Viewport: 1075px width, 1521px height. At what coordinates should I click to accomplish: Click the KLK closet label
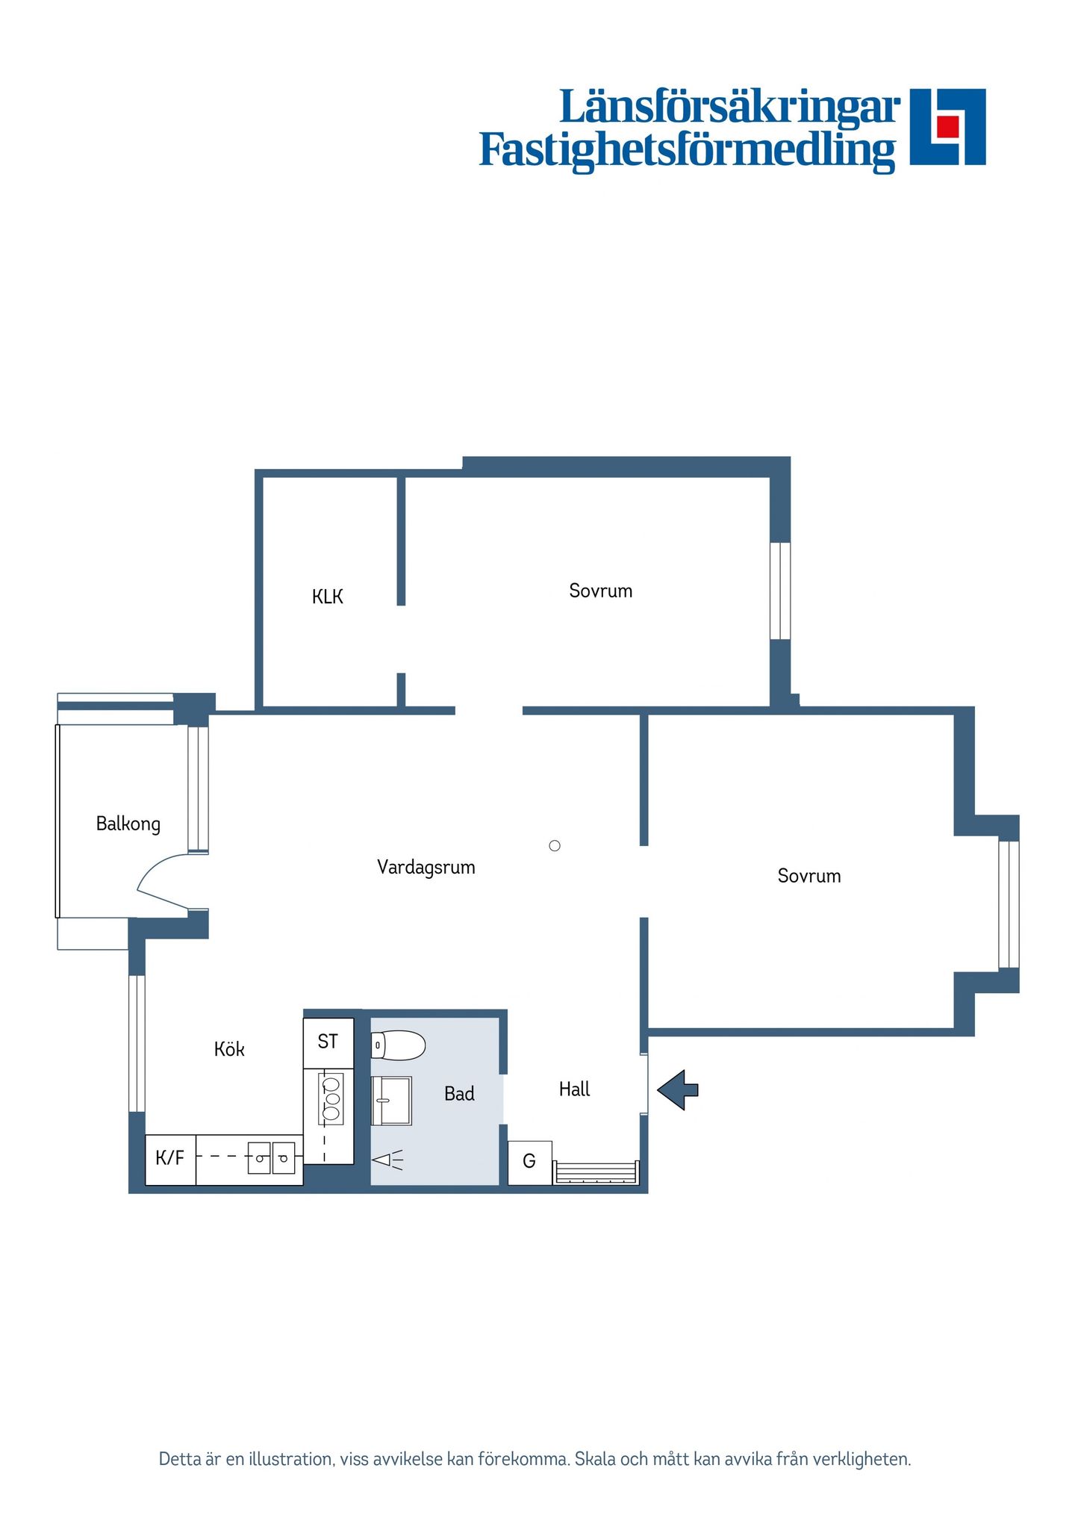[327, 597]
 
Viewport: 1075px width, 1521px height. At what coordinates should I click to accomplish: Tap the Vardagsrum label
[426, 867]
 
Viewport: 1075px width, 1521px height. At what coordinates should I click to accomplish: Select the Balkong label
[128, 824]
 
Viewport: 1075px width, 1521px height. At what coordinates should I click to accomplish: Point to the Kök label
[229, 1049]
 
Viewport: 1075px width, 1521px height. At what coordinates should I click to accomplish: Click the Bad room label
[459, 1094]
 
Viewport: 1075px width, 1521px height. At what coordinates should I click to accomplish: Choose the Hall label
[574, 1089]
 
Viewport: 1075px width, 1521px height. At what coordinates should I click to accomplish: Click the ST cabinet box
[328, 1043]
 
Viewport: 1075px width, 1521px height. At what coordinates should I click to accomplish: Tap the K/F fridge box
[170, 1160]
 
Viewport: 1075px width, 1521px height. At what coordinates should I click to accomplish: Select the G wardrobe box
[529, 1162]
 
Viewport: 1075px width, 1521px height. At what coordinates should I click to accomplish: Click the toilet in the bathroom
[398, 1045]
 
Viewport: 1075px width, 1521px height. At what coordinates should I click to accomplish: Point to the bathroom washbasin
[391, 1101]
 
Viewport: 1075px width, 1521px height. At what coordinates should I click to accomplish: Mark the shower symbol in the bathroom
[387, 1160]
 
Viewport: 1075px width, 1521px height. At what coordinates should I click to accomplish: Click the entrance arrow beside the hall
[678, 1090]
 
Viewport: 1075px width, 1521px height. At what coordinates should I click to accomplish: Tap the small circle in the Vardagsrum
[555, 846]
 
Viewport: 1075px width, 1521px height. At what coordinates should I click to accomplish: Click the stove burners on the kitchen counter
[331, 1098]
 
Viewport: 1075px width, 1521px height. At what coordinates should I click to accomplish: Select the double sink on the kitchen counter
[271, 1158]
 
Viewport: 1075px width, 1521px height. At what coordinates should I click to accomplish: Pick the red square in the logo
[947, 126]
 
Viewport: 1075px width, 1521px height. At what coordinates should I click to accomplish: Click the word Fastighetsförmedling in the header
[687, 150]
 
